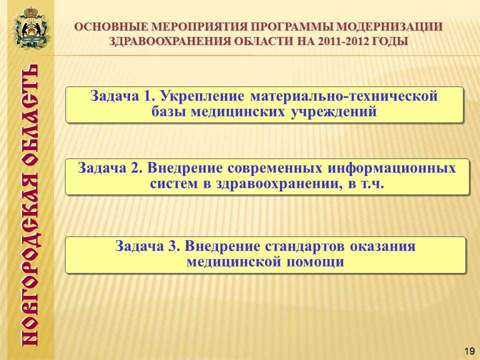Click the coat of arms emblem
pyautogui.click(x=31, y=27)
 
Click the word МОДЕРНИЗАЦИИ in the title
pyautogui.click(x=389, y=27)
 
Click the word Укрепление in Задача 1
pyautogui.click(x=202, y=96)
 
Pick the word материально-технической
pyautogui.click(x=344, y=96)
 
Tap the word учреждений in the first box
pyautogui.click(x=333, y=112)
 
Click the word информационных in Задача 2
pyautogui.click(x=391, y=168)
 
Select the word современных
pyautogui.click(x=274, y=168)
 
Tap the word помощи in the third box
pyautogui.click(x=315, y=262)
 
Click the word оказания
pyautogui.click(x=382, y=246)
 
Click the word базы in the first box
pyautogui.click(x=169, y=112)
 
